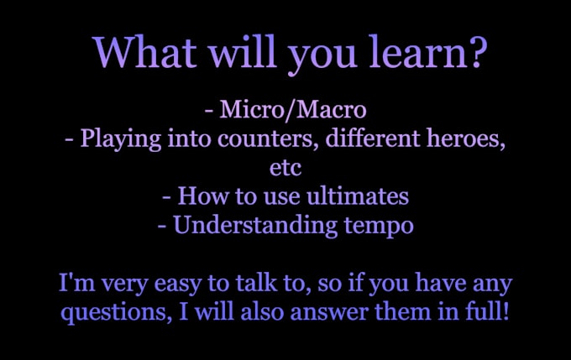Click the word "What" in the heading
[x=146, y=51]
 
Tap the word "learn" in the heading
[x=418, y=51]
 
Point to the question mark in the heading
[x=478, y=52]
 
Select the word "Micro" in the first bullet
[x=252, y=109]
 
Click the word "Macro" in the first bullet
[x=332, y=109]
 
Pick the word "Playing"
[x=121, y=139]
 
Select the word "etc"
[x=285, y=168]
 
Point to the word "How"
[x=202, y=196]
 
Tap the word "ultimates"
[x=358, y=196]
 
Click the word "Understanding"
[x=255, y=226]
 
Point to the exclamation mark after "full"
[x=505, y=311]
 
